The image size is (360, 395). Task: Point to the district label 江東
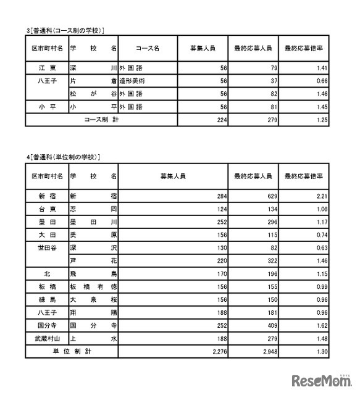pos(46,69)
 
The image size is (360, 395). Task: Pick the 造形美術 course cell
pos(135,81)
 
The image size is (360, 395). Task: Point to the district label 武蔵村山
pos(46,338)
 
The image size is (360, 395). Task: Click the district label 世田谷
pos(46,247)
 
